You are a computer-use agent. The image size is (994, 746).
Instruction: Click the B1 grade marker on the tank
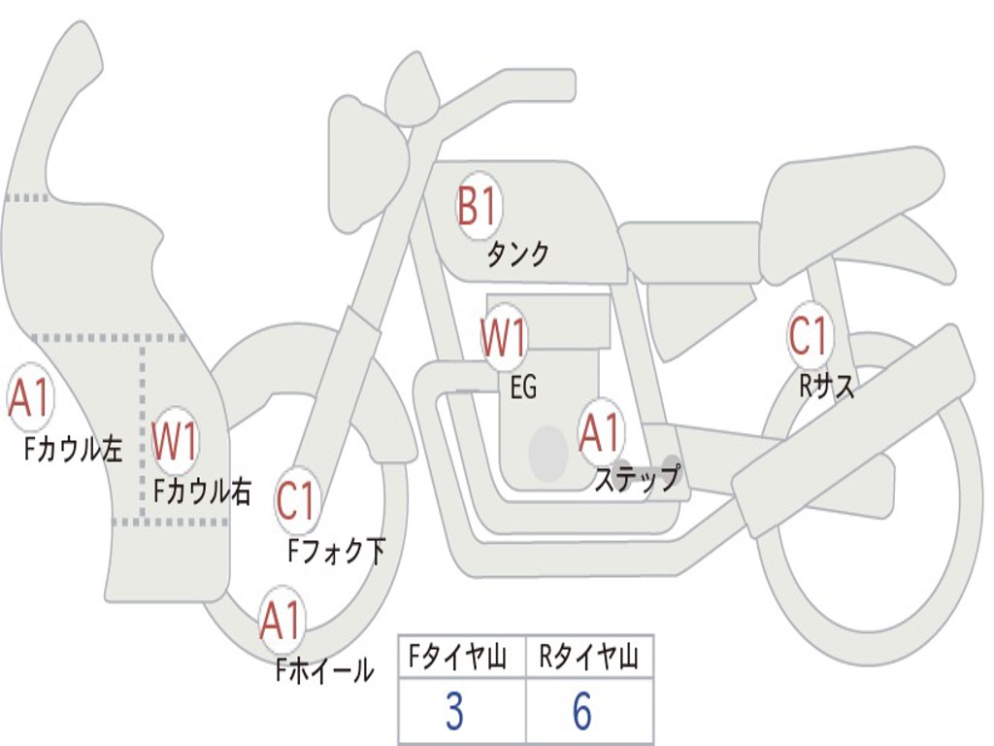tap(478, 207)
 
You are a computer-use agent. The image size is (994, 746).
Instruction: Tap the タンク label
tap(517, 254)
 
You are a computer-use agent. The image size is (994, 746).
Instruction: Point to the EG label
tap(523, 389)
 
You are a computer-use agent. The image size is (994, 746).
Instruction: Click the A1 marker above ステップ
tap(600, 433)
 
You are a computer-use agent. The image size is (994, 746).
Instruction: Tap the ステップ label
tap(637, 479)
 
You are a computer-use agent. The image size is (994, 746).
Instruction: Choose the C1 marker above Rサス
tap(809, 336)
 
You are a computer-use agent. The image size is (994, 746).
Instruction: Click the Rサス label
tap(827, 387)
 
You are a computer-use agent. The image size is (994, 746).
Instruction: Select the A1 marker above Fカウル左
tap(29, 399)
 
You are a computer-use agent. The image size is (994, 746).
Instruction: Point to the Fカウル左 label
tap(75, 449)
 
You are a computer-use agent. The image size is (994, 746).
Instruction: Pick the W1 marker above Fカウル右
tap(176, 442)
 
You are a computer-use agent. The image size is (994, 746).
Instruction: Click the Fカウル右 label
tap(203, 492)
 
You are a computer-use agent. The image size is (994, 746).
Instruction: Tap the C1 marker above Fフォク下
tap(297, 501)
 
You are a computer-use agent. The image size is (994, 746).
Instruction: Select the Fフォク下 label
tap(336, 552)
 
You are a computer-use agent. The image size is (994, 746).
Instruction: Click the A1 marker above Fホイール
tap(282, 622)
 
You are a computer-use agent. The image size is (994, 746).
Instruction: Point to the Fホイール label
tap(325, 670)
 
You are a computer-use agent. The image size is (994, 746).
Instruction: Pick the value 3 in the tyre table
tap(454, 712)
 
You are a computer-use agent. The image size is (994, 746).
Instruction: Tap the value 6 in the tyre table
tap(582, 712)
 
